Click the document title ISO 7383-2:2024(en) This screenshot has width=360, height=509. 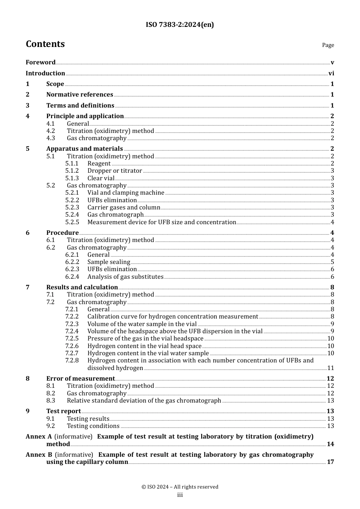point(180,25)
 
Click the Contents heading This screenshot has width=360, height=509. point(45,44)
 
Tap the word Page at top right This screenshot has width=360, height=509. point(328,45)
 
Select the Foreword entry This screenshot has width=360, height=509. point(41,62)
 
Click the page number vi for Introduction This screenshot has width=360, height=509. point(331,73)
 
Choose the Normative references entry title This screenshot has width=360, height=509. point(80,95)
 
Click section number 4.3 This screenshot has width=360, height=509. point(50,138)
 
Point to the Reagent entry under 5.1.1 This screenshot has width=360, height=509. point(99,164)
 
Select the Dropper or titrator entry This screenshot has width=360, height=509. point(114,171)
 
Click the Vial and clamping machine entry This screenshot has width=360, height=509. point(126,193)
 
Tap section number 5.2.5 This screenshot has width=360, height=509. point(72,222)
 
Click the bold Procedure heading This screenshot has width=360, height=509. point(63,233)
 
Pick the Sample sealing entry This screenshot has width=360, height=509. point(109,262)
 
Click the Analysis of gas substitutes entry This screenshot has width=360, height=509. point(125,277)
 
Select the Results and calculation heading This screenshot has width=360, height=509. point(82,287)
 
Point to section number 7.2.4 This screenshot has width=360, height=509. point(72,331)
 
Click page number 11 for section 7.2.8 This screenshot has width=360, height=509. point(330,368)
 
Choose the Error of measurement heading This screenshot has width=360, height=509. point(80,379)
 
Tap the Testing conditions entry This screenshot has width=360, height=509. point(93,426)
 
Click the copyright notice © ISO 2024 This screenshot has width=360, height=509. point(180,487)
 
